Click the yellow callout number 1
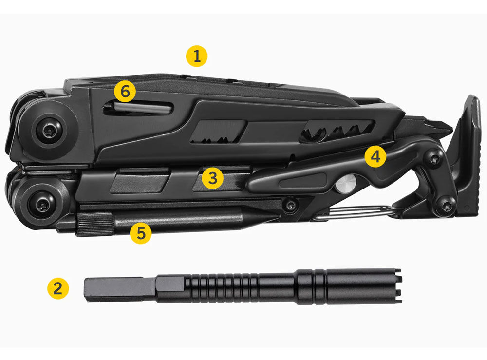[196, 56]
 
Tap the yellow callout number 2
[58, 288]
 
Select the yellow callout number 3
[212, 178]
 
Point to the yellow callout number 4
[375, 156]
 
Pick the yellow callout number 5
[141, 233]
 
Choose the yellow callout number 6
[125, 92]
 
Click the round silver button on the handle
[346, 184]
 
